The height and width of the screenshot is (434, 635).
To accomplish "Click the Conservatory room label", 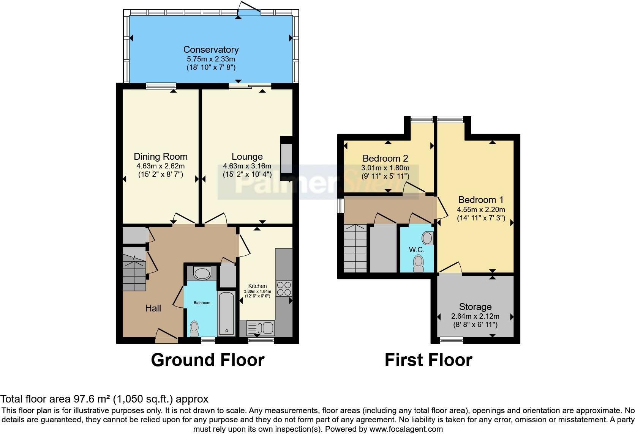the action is (x=211, y=50).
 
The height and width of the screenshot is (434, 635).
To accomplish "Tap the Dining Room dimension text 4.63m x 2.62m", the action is (x=160, y=166).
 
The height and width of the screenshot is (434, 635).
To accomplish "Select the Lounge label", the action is (x=247, y=157).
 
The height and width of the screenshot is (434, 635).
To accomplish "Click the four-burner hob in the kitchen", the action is (x=284, y=288).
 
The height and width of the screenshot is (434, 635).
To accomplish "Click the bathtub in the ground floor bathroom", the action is (x=226, y=314).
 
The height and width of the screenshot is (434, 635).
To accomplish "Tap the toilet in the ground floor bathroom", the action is (x=194, y=329).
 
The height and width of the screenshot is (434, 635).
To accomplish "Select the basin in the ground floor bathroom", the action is (x=202, y=273).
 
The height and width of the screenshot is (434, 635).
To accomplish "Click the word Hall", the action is (x=153, y=308).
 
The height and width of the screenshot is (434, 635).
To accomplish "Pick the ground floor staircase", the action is (x=134, y=269).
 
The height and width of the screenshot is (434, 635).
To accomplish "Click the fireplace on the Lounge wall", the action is (x=286, y=159).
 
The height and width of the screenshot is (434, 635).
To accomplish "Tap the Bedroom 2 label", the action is (x=385, y=158).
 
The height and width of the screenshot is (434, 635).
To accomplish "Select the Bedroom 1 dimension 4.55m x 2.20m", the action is (x=481, y=209).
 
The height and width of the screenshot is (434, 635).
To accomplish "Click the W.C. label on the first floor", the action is (x=417, y=250).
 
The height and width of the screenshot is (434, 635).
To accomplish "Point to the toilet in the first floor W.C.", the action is (x=419, y=264).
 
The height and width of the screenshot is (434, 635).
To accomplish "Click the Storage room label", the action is (x=475, y=307).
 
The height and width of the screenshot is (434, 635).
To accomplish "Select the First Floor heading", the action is (x=428, y=360).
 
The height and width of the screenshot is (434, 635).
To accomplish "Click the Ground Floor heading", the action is (x=208, y=360).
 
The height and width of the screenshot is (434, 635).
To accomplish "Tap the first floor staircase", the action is (x=355, y=248).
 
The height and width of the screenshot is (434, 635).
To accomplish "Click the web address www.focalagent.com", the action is (x=406, y=429).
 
